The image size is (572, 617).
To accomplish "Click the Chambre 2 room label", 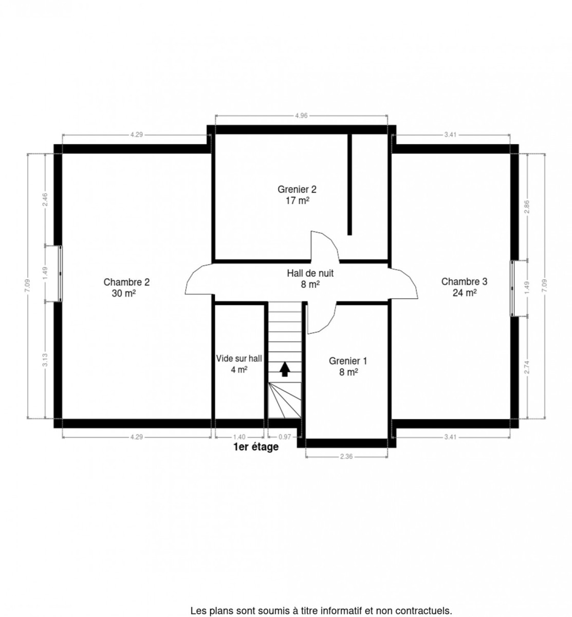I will (126, 282).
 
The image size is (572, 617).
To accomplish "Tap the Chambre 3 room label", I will (464, 281).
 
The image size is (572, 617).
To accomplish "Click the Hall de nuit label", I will (310, 273).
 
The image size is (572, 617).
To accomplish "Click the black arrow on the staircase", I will (284, 369).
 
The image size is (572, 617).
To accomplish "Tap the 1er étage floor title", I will (256, 447).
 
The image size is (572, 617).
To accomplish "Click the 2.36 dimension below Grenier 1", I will (346, 456).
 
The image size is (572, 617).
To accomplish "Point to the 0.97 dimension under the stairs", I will (284, 437).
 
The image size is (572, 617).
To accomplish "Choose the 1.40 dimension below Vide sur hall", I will (239, 437).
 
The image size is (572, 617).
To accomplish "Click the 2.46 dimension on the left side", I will (45, 199).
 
